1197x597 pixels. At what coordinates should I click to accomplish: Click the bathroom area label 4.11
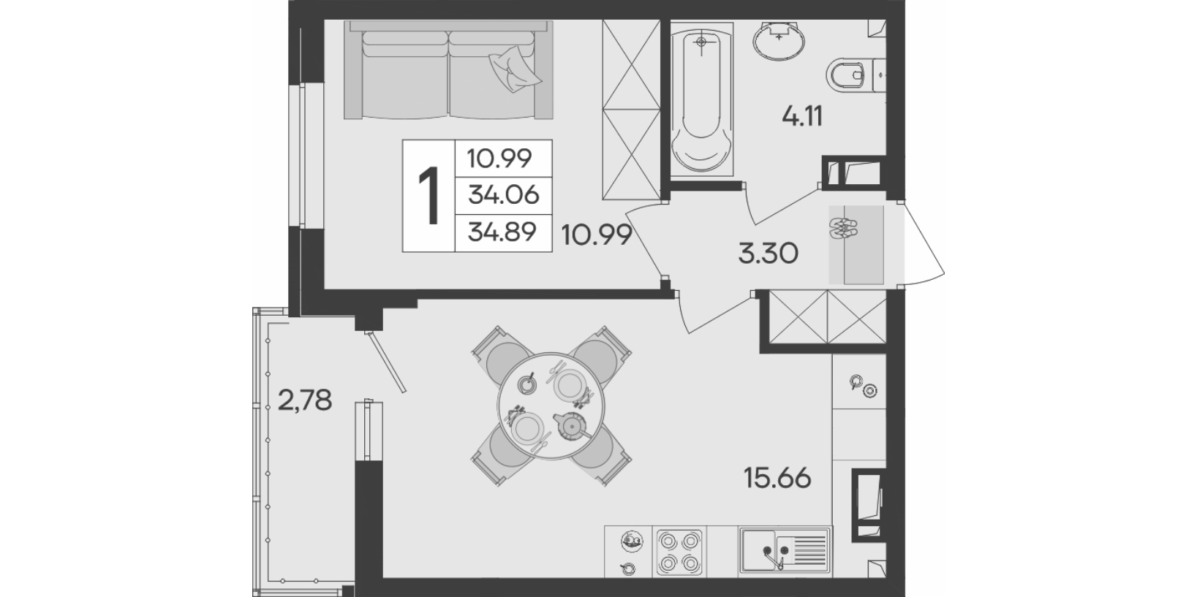[802, 116]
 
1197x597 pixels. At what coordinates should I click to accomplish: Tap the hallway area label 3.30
[768, 254]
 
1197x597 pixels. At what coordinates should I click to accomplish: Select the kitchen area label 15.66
[777, 478]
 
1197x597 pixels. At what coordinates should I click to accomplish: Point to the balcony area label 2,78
[305, 400]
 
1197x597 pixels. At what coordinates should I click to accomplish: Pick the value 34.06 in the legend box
[503, 195]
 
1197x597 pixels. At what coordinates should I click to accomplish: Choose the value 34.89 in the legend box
[502, 232]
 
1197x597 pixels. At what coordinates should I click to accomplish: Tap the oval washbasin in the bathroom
[779, 39]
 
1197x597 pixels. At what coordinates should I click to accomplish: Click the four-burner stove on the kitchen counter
[679, 552]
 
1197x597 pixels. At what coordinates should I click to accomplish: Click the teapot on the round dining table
[570, 425]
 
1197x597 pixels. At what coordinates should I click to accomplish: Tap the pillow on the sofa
[514, 69]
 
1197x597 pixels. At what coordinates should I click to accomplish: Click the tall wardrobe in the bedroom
[632, 110]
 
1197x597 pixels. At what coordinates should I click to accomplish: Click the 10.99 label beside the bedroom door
[597, 235]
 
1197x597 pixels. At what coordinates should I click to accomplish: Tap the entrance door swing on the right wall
[922, 243]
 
